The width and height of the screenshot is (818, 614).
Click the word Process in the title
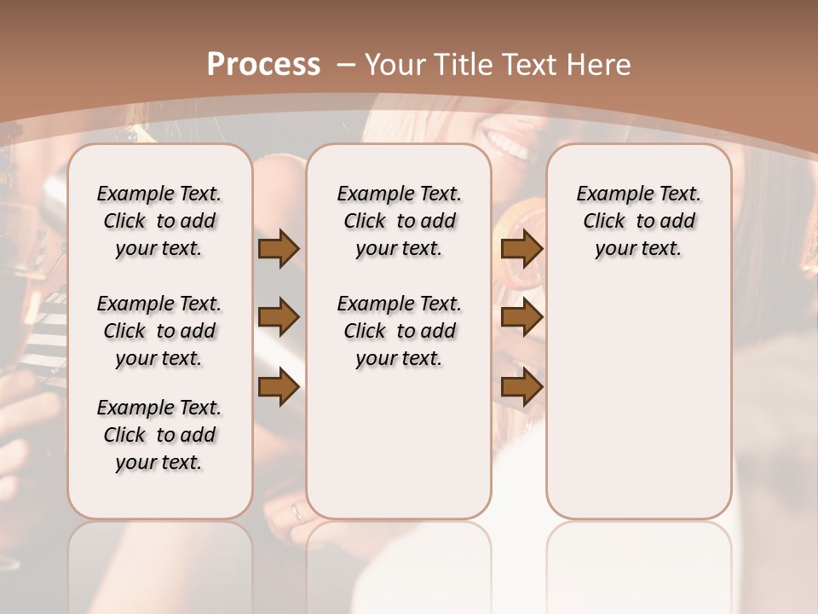pyautogui.click(x=263, y=65)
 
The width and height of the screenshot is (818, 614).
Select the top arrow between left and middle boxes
pyautogui.click(x=279, y=249)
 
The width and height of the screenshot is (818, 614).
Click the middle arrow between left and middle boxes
pyautogui.click(x=279, y=317)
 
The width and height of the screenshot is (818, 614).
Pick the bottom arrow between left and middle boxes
pyautogui.click(x=279, y=387)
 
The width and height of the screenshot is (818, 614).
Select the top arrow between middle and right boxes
pyautogui.click(x=522, y=249)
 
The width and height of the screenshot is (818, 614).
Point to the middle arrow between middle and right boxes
pyautogui.click(x=522, y=317)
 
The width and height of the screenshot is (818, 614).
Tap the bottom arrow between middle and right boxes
pyautogui.click(x=522, y=387)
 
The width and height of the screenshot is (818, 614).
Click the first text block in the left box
pyautogui.click(x=159, y=221)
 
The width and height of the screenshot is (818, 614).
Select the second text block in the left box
pyautogui.click(x=159, y=331)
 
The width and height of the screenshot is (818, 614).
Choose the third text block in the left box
pyautogui.click(x=159, y=435)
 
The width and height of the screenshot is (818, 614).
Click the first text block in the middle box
pyautogui.click(x=399, y=221)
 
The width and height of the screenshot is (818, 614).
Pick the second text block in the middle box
pyautogui.click(x=399, y=331)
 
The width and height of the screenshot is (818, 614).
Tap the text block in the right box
pyautogui.click(x=638, y=221)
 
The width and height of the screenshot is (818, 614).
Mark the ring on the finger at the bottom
pyautogui.click(x=297, y=512)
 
